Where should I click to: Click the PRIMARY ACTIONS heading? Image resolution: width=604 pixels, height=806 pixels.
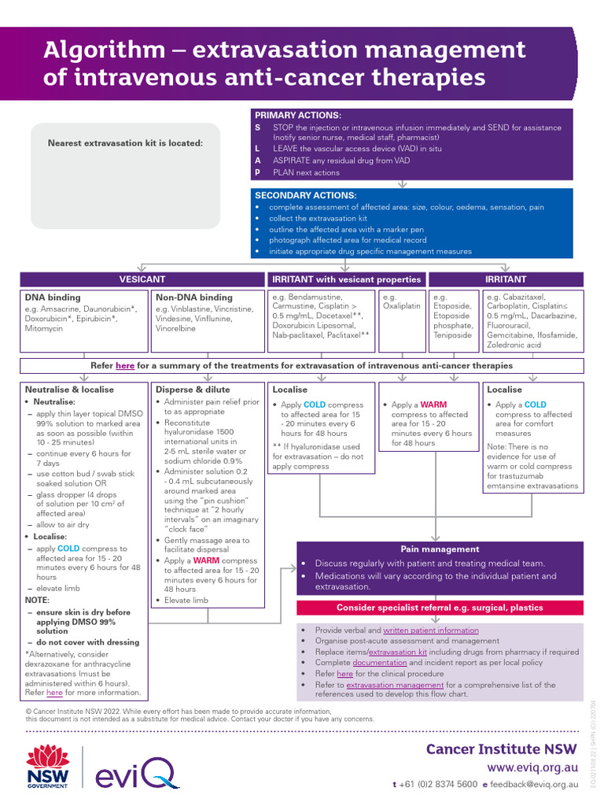tap(298, 115)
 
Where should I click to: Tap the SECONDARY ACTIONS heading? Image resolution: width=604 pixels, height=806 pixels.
tap(305, 195)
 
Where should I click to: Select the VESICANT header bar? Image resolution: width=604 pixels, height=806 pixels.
tap(142, 279)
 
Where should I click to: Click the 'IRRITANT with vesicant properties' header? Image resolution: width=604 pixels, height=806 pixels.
tap(346, 279)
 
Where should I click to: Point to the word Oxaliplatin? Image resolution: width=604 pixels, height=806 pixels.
tap(401, 308)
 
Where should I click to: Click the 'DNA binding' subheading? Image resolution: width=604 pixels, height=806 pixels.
tap(53, 298)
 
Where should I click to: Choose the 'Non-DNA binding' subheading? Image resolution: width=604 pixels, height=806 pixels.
tap(194, 298)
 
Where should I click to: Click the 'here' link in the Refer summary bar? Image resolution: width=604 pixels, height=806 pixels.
tap(125, 365)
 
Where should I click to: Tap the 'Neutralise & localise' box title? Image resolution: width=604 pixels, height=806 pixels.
tap(69, 390)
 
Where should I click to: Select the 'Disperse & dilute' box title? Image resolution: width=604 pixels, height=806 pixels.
tap(193, 390)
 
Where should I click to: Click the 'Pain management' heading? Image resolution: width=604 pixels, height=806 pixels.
tap(440, 549)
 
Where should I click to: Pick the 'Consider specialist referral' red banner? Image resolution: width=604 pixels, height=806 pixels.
tap(440, 608)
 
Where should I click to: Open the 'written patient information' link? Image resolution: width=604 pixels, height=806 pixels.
tap(430, 630)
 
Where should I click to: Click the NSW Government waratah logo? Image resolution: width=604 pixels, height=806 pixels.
tap(48, 767)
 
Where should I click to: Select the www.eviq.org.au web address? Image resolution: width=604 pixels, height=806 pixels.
tap(532, 767)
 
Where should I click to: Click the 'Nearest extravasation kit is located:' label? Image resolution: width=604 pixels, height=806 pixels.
tap(125, 142)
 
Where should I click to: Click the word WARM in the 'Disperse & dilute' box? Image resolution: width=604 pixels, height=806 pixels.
tap(206, 560)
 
